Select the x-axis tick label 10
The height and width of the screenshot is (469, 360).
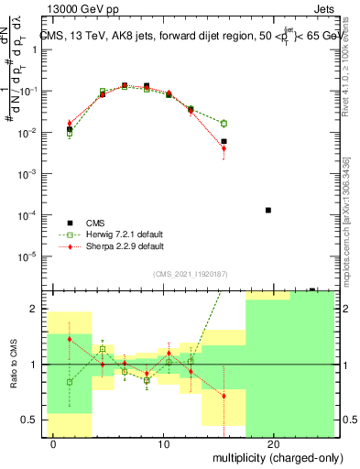[x=163, y=444]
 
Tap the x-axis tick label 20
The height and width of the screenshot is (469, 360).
[x=273, y=444]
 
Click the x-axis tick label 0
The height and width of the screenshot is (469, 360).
[x=53, y=444]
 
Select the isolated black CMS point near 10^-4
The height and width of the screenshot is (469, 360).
[x=267, y=210]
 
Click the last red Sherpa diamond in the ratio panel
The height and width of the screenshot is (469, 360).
[x=224, y=396]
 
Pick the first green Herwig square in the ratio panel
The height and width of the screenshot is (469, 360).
[x=70, y=382]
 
